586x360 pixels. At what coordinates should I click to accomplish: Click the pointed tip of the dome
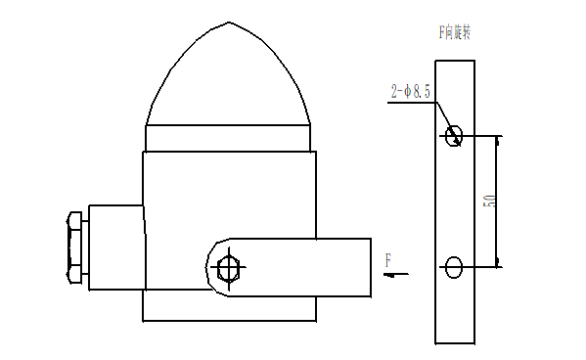pos(229,22)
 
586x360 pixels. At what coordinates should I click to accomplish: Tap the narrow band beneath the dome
pos(229,138)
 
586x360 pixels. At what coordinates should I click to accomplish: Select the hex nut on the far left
pos(74,250)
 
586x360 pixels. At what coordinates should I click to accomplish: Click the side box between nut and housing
pos(115,248)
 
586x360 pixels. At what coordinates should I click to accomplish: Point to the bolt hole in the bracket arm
pos(229,266)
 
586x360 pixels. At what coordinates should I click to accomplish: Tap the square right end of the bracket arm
pos(368,266)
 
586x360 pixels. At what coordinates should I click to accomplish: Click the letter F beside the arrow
pos(388,260)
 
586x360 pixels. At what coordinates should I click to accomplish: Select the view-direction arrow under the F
pos(396,275)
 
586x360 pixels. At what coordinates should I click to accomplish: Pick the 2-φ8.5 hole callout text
pos(411,92)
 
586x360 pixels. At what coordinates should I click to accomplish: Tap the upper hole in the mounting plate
pos(453,136)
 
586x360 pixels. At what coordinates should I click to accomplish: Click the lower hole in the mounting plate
pos(453,266)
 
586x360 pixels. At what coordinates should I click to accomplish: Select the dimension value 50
pos(489,201)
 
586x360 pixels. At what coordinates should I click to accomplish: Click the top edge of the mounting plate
pos(455,61)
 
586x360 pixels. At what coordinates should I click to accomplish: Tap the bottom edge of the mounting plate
pos(455,343)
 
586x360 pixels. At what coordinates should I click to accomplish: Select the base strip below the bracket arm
pos(229,309)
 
